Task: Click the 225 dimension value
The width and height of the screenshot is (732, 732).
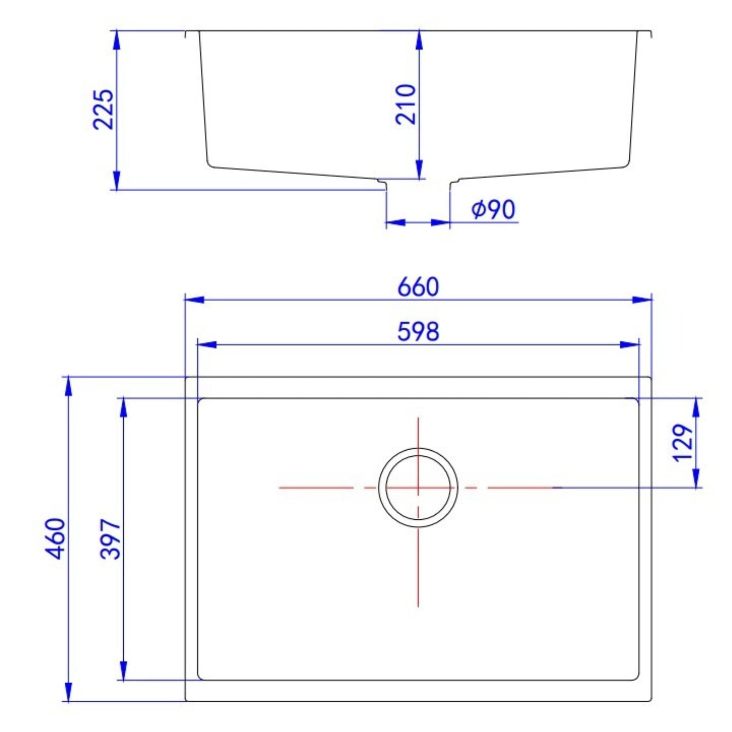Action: point(103,109)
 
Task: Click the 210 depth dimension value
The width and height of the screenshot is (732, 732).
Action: point(406,105)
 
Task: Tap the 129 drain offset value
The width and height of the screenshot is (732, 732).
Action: point(683,443)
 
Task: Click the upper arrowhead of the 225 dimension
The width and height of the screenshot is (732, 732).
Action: point(116,39)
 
